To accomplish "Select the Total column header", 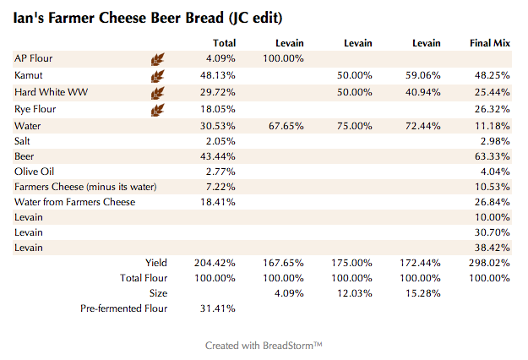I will coord(224,43).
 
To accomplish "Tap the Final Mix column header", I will coord(489,43).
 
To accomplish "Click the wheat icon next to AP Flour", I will coord(157,59).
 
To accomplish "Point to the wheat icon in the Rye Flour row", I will coord(157,110).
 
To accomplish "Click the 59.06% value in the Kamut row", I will coord(422,75).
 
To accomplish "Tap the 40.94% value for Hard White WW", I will coord(422,91).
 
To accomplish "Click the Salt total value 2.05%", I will coord(220,140).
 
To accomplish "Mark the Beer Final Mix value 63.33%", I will coord(491,156).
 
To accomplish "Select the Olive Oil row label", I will coord(33,172).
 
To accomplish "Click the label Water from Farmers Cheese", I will coord(74,202).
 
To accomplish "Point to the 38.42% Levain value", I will coord(491,248).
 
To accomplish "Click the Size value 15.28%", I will coord(422,293).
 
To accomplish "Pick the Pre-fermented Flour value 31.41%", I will coord(217,309).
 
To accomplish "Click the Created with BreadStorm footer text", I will coord(264,346).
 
